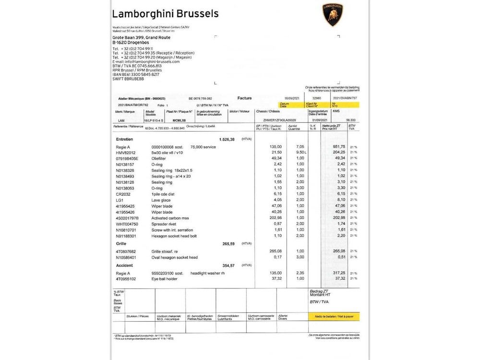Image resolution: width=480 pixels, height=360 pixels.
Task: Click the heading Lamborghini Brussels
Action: pos(165,13)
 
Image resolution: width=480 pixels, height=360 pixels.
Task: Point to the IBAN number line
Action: pos(136,74)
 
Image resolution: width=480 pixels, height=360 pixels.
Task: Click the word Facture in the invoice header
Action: pos(244,98)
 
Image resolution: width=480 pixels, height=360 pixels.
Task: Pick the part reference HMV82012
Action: pos(126,152)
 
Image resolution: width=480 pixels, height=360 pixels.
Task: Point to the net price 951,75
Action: pos(339,146)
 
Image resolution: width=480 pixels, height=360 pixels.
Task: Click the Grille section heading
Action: pos(121,244)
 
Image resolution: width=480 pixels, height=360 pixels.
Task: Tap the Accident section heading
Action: pos(125,265)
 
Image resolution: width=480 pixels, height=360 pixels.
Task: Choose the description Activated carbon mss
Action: pos(170,218)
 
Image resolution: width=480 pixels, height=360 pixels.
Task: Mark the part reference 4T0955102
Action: pos(127,278)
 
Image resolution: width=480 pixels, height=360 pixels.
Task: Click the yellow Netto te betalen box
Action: pos(334,317)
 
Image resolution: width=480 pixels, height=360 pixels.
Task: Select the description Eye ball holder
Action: pos(165,278)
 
